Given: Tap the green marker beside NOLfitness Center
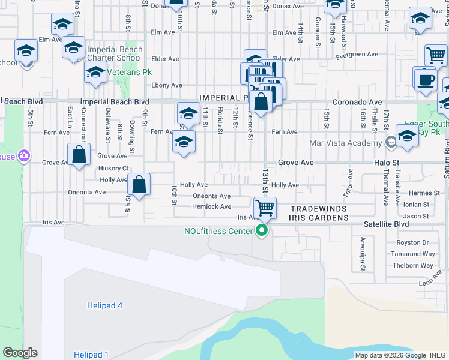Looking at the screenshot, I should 262,231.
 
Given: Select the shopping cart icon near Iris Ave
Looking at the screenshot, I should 265,208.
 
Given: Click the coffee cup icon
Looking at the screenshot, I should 424,80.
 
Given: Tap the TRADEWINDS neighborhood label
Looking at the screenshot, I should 316,209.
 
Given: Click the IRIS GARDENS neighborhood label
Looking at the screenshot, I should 319,218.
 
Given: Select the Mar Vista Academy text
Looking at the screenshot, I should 345,143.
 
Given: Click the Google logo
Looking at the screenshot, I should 20,353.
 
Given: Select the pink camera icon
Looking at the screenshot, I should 24,156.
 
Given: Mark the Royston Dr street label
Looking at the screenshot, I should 412,243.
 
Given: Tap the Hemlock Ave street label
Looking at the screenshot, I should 212,206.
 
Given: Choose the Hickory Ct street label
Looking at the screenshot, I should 114,169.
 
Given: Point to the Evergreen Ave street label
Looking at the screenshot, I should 357,55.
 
